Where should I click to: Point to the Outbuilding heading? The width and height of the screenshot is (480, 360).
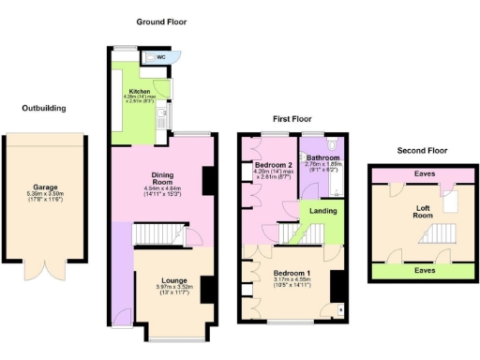44,108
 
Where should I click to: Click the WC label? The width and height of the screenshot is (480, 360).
161,57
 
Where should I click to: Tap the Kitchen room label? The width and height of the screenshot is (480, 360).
126,91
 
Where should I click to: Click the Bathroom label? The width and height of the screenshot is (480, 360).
323,157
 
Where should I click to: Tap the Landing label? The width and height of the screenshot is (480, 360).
323,212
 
